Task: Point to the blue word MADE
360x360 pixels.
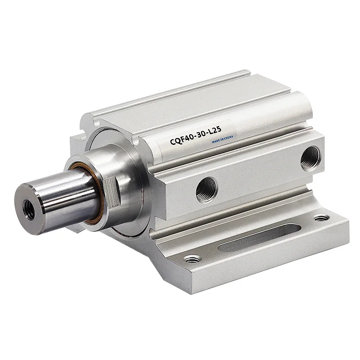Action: [x=216, y=141]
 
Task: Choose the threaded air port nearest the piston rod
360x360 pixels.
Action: [x=207, y=189]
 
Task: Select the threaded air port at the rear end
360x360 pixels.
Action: [x=310, y=157]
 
